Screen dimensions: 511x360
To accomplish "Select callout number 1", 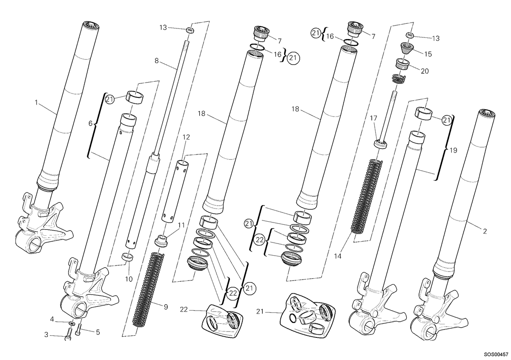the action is tap(36, 103).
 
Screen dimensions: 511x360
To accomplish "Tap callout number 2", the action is tap(485, 231).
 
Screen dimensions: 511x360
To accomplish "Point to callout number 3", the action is tap(46, 335).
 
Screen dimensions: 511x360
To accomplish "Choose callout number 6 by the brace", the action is tap(90, 123).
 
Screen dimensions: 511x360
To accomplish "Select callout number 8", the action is tap(156, 61).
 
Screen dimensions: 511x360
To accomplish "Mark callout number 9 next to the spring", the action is tap(166, 307).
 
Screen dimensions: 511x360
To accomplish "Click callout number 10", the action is tap(129, 279).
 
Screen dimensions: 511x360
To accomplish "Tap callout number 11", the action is tap(181, 225).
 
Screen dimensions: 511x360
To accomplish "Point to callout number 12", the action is tap(186, 137).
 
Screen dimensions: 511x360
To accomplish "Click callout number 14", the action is tap(338, 256).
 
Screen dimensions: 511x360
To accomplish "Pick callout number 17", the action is tap(373, 118).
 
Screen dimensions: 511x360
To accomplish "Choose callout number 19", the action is tap(453, 150).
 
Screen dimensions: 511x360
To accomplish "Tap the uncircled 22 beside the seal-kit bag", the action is tap(184, 309).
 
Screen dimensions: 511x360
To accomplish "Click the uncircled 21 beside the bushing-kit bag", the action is tap(260, 311).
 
